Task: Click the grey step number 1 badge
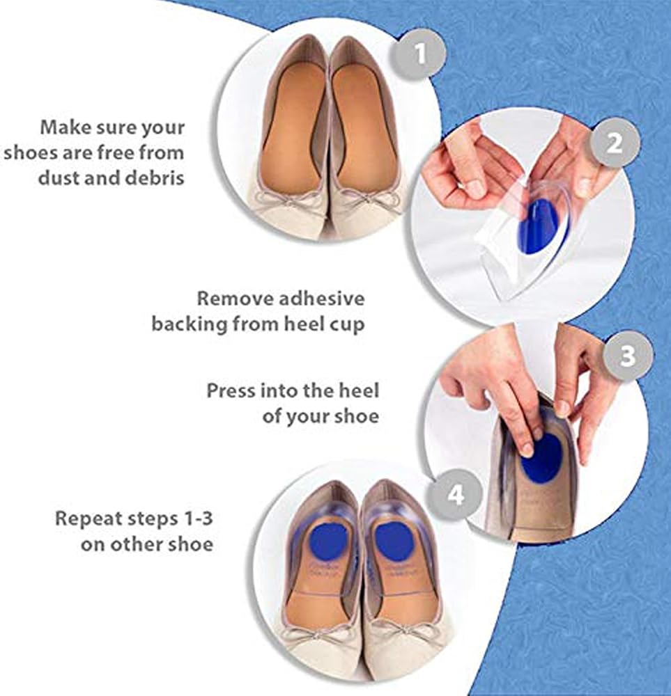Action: [x=419, y=54]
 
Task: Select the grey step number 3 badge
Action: [x=627, y=356]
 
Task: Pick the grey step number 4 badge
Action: [x=456, y=495]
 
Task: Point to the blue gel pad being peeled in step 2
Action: [x=542, y=226]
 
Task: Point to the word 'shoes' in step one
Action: [x=29, y=152]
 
